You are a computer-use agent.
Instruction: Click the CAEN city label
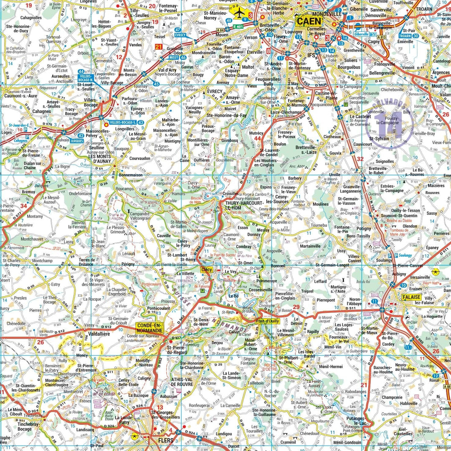[309, 21]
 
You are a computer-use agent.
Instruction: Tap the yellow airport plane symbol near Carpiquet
[239, 14]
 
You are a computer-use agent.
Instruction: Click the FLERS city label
[166, 440]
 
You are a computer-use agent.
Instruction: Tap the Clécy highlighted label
[207, 270]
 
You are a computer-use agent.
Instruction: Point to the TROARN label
[424, 8]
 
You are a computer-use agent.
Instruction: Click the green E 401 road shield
[238, 27]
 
